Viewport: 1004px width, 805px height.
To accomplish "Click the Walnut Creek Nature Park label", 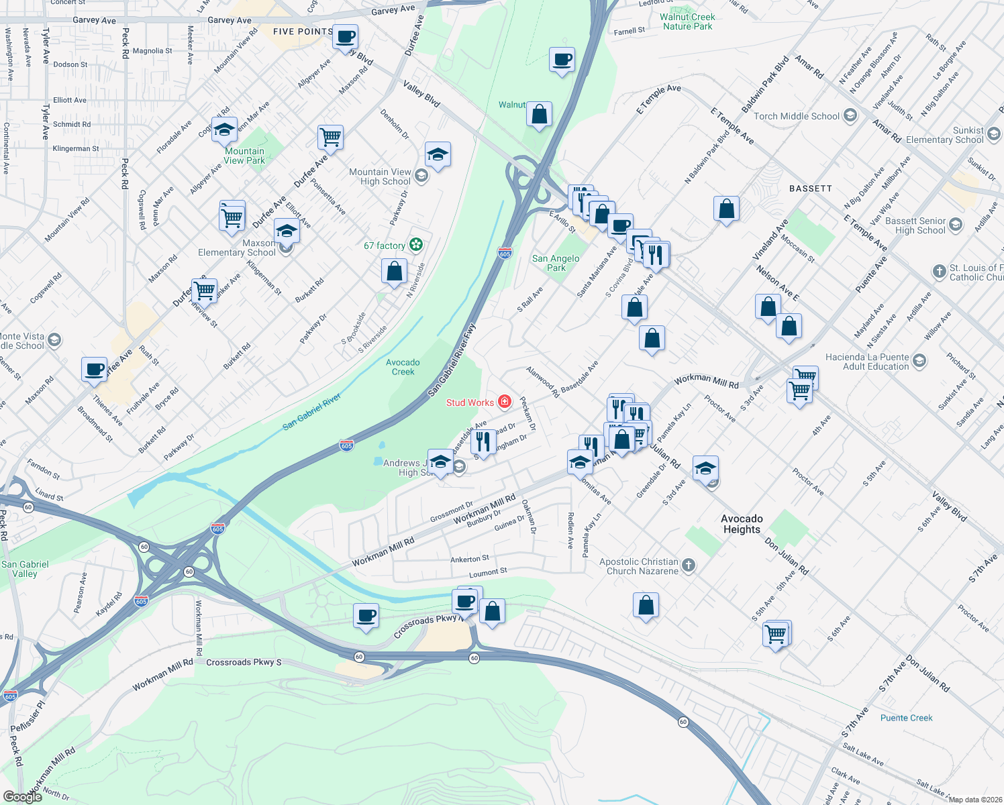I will (x=687, y=22).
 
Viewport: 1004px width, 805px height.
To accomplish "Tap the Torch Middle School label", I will (x=796, y=116).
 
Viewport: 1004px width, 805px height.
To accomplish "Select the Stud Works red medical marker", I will (x=505, y=402).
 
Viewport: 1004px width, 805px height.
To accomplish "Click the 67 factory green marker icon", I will (x=416, y=246).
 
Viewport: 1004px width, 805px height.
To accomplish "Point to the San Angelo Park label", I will (x=556, y=263).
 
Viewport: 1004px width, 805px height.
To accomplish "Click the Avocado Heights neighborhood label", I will (x=742, y=524).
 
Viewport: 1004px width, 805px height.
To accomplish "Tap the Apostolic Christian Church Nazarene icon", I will (x=689, y=567).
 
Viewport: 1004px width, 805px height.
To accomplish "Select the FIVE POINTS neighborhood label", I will (x=303, y=32).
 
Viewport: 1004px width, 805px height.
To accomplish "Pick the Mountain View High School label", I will (x=380, y=176).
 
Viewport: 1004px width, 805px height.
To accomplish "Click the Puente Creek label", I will (x=906, y=718).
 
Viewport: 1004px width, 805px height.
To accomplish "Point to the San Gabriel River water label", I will (x=311, y=411).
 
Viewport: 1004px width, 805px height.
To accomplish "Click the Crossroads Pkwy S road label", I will (x=244, y=662).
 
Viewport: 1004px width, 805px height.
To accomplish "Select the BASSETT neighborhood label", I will (x=810, y=189).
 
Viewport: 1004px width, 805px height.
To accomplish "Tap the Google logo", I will (x=22, y=797).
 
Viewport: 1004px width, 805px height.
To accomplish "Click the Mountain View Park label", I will (x=244, y=156).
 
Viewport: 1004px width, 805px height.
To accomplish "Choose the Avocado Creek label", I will (x=403, y=367).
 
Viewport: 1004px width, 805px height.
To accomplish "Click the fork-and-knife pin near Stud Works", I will (x=483, y=441).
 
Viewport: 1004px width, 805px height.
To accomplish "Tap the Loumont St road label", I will (x=488, y=573).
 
